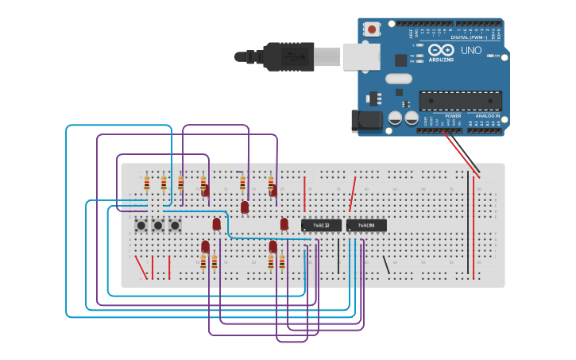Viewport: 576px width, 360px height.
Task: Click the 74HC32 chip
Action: (321, 226)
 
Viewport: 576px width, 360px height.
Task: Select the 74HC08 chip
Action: (366, 226)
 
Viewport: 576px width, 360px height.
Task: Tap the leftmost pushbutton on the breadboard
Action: (141, 226)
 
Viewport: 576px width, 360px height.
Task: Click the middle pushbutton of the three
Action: (157, 226)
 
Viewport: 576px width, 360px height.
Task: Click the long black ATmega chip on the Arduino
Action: (460, 101)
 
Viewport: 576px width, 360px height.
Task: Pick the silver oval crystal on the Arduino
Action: (399, 79)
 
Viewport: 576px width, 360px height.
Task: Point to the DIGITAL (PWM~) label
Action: (470, 37)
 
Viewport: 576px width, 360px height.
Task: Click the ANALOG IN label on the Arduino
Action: (487, 116)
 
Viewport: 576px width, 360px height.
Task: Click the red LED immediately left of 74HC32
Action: (284, 224)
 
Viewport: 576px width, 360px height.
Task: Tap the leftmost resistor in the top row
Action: (147, 184)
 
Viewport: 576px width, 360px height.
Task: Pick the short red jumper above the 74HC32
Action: (304, 195)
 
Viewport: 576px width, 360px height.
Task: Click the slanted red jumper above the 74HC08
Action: (352, 195)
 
